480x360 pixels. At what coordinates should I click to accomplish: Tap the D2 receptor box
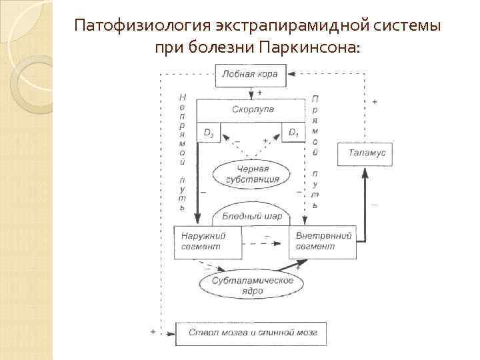(x=209, y=133)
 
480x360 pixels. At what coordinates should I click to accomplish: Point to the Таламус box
(x=365, y=153)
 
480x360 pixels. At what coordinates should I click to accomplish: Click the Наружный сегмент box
(x=207, y=241)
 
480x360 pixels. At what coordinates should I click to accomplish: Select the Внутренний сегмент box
(x=322, y=241)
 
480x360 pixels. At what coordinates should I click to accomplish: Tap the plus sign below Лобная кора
(x=259, y=92)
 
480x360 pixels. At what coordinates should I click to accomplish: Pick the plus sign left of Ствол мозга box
(x=153, y=331)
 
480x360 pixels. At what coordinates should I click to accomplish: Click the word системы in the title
(x=407, y=26)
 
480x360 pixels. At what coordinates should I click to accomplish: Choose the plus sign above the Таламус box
(x=374, y=102)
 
